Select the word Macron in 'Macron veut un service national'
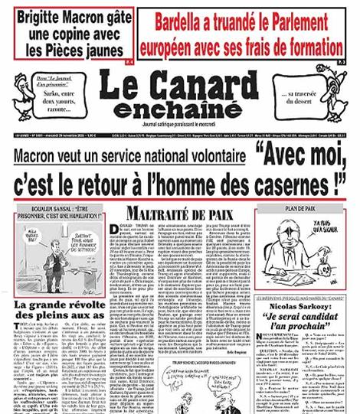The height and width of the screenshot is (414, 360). (x=39, y=157)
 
